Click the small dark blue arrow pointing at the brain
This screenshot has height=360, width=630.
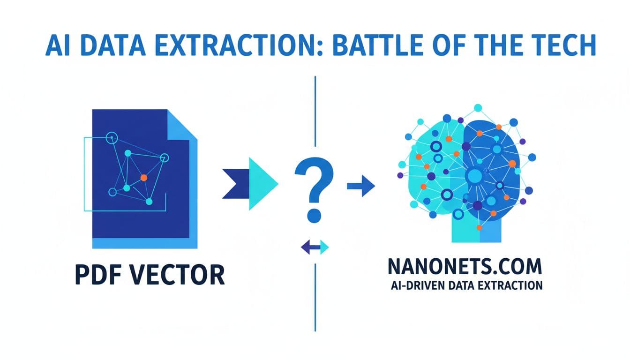(x=361, y=186)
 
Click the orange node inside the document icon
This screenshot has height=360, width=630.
(x=144, y=178)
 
